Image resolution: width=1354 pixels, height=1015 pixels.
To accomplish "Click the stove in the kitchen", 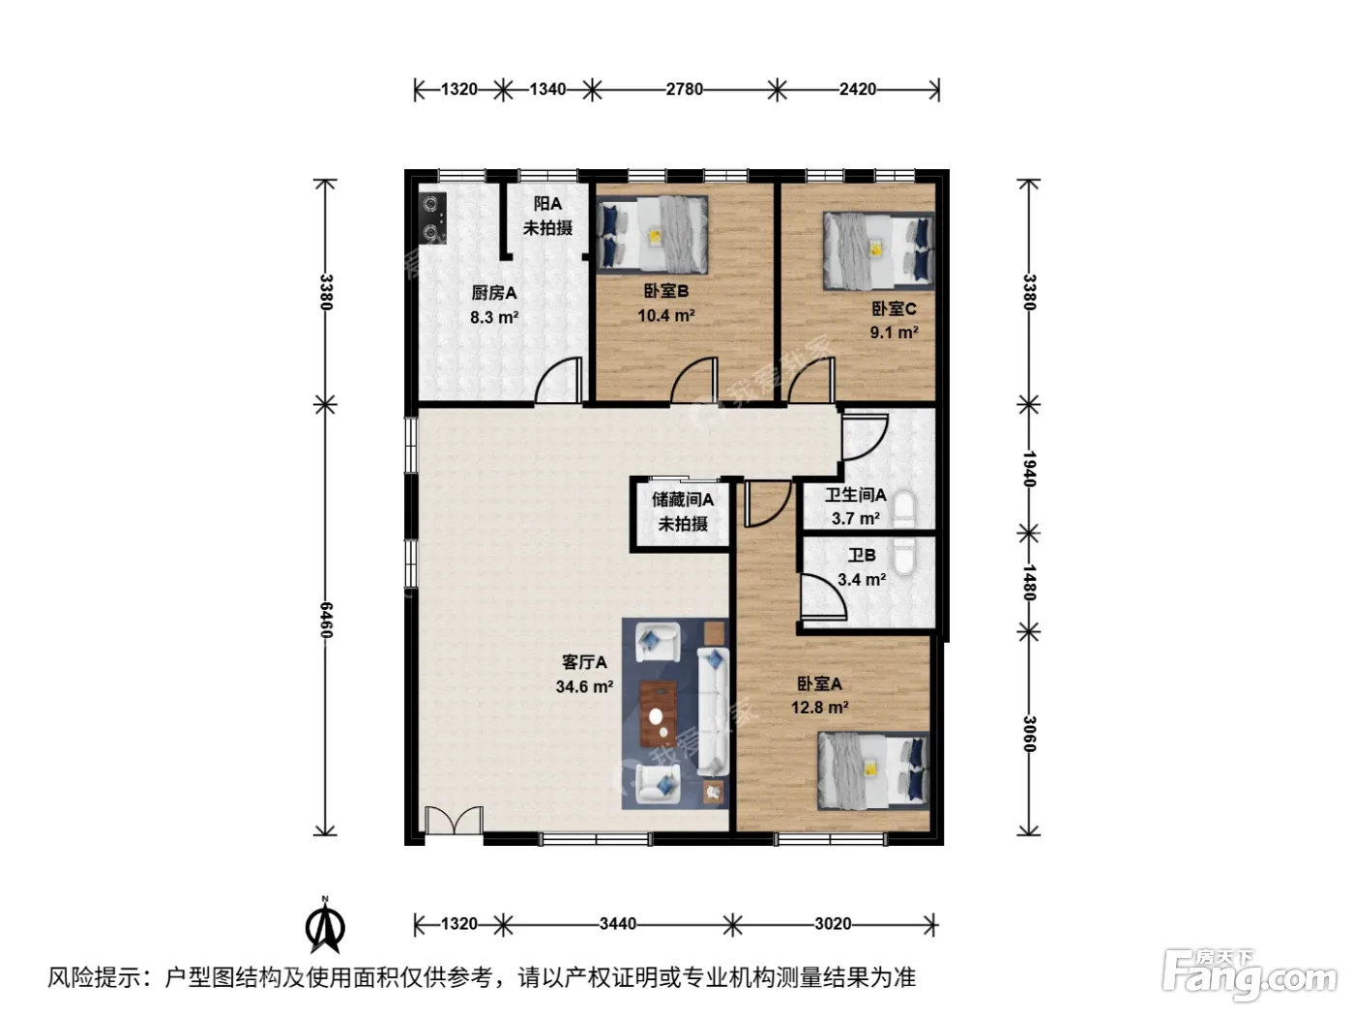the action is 433,217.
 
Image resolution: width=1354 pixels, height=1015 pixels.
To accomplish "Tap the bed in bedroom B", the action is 653,234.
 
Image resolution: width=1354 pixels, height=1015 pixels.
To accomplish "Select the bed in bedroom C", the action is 878,250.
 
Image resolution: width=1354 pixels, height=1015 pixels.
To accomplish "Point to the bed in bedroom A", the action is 873,770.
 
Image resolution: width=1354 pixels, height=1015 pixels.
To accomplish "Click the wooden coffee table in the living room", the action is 659,713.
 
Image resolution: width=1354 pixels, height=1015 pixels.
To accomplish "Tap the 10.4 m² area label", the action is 666,315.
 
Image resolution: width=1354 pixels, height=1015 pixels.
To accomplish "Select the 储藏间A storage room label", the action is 682,499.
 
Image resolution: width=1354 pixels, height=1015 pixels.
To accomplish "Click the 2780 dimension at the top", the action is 684,89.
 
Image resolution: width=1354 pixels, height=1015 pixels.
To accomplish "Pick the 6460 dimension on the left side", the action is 326,620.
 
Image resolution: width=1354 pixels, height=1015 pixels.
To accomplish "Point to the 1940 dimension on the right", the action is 1029,469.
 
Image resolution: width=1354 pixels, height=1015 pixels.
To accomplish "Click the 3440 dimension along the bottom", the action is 618,924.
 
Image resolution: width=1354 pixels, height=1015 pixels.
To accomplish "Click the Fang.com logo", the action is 1250,975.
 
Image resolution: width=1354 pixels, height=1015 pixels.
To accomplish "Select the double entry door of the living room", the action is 454,821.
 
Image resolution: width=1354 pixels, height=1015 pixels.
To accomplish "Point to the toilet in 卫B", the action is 904,557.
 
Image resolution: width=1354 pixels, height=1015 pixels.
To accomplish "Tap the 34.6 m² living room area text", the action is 584,686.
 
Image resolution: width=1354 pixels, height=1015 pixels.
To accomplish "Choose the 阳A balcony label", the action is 547,203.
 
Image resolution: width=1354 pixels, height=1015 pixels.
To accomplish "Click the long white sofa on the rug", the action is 714,711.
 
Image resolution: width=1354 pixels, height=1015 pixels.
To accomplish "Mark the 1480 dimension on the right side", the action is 1029,582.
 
